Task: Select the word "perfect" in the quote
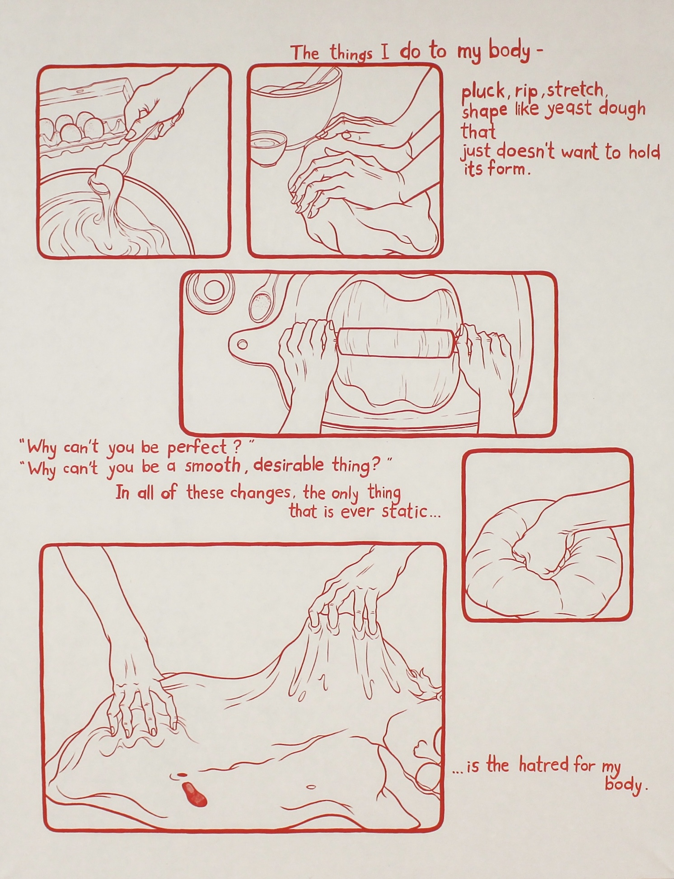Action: point(197,448)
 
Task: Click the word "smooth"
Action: point(212,466)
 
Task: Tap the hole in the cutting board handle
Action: point(243,345)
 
